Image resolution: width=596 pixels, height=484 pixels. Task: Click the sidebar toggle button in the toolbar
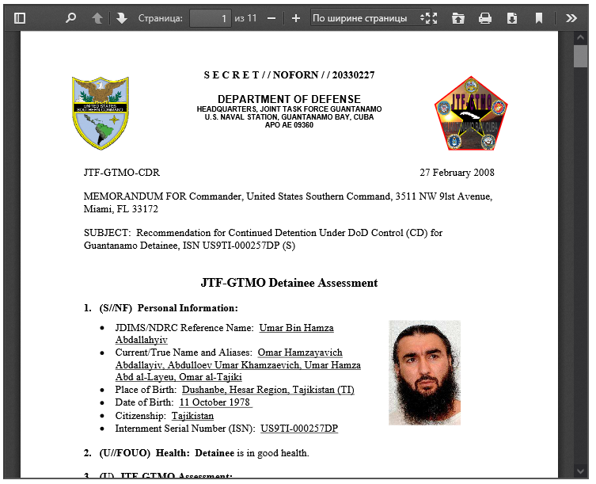coord(20,17)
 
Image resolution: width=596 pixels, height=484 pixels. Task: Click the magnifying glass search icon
coord(70,17)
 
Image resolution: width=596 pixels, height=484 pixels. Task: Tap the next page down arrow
coord(121,17)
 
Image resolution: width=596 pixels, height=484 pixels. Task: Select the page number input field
coord(210,17)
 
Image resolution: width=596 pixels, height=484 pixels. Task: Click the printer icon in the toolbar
coord(485,17)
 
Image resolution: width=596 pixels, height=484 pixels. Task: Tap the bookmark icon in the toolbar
coord(539,17)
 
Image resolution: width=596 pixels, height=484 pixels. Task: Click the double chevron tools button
coord(571,17)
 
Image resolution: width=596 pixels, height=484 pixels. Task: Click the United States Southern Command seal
coord(101,113)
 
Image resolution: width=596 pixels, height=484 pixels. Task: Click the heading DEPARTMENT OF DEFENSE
coord(289,99)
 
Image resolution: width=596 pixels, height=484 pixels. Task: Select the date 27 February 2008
coord(457,173)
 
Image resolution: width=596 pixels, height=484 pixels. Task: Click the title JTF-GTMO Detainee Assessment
coord(289,283)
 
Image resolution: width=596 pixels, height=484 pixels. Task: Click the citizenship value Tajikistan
coord(192,416)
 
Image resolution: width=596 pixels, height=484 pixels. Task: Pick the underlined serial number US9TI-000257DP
coord(299,429)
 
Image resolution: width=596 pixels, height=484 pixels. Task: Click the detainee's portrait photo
coord(424,372)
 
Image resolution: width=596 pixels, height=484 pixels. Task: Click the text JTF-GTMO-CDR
coord(122,173)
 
